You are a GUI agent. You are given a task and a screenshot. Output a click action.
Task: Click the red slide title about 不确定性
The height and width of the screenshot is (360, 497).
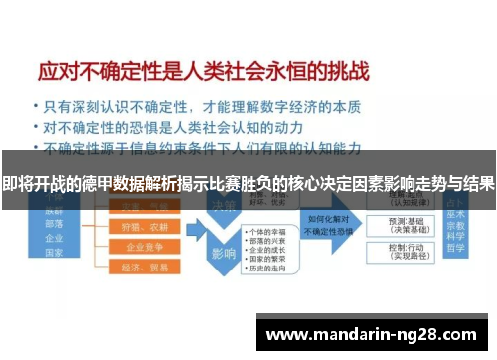coord(204,72)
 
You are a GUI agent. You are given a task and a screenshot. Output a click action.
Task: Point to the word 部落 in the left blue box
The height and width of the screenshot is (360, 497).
coord(53,224)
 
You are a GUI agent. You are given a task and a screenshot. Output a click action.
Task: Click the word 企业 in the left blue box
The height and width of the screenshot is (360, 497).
coord(53,240)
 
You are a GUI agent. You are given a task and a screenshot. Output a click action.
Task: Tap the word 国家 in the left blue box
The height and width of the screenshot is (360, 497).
coord(53,256)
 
